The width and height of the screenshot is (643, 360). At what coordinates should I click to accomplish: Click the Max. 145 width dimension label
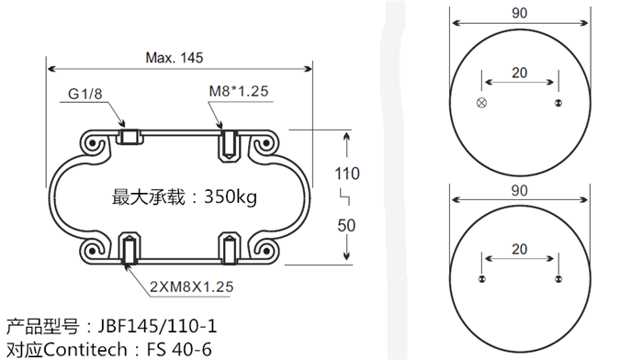point(175,56)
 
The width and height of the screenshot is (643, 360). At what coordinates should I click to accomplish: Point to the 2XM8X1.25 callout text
point(190,287)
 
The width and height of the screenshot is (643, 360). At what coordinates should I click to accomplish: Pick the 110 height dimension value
point(346,174)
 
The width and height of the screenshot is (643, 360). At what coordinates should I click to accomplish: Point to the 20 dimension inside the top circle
point(519,73)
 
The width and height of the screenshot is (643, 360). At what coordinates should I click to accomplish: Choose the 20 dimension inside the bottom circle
point(519,249)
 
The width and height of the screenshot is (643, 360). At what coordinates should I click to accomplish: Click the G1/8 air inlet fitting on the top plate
point(130,138)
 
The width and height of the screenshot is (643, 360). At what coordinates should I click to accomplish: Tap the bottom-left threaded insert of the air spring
point(130,250)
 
